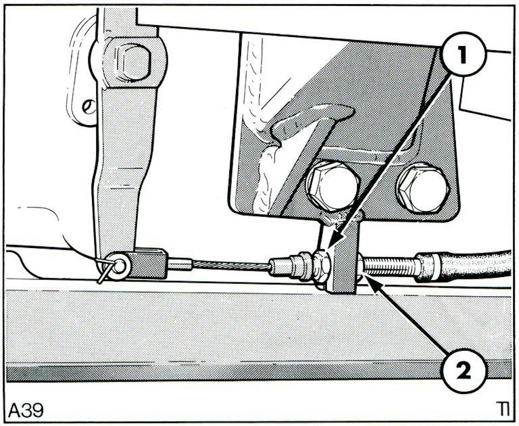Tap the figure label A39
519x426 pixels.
pos(26,409)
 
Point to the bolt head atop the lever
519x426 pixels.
pos(132,62)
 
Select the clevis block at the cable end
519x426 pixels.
pos(148,263)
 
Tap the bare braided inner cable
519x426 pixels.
pos(231,266)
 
